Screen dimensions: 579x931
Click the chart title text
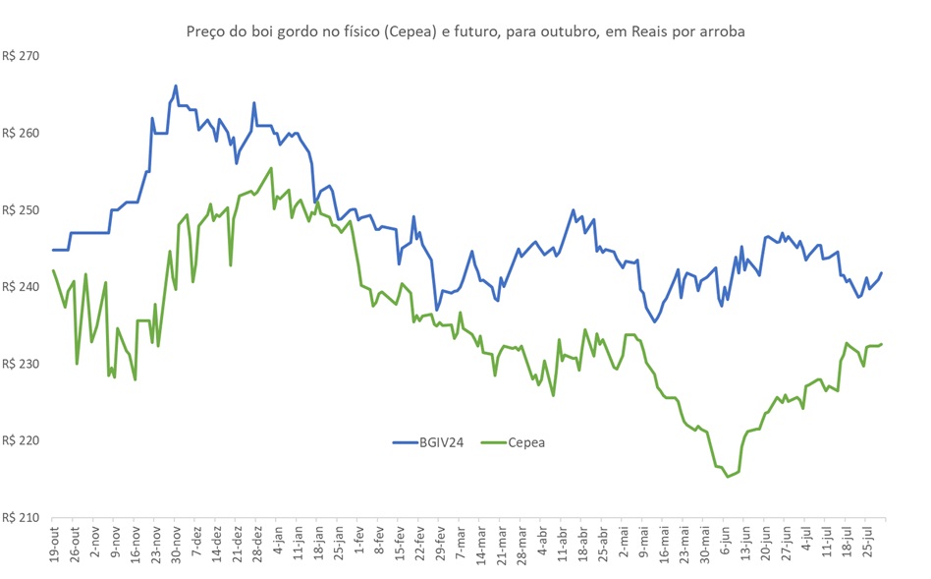(465, 31)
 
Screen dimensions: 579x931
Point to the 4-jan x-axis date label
(277, 543)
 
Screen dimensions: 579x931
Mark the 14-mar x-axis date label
(480, 543)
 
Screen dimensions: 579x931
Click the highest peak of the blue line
(176, 87)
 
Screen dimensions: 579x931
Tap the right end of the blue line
(882, 273)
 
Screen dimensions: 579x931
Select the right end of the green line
(882, 344)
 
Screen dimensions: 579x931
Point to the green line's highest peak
(271, 168)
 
